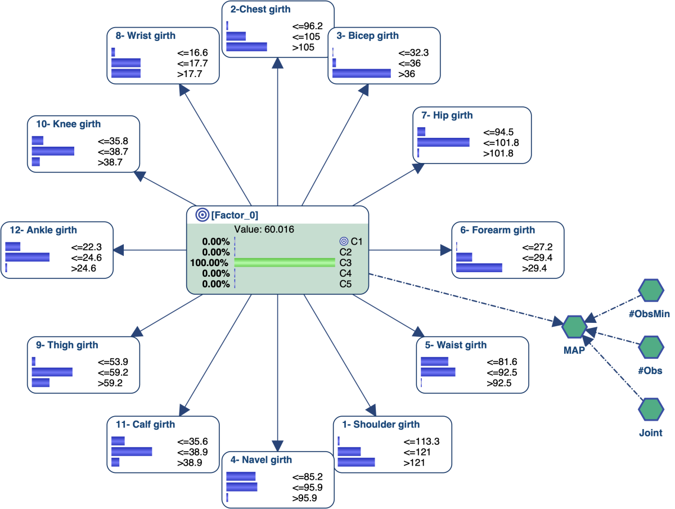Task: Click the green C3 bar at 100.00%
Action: point(285,263)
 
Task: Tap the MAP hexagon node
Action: point(574,327)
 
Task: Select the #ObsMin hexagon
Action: point(651,290)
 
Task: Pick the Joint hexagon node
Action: point(651,409)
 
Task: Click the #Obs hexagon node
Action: point(651,347)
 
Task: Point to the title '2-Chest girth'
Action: point(260,9)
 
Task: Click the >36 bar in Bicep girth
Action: point(362,74)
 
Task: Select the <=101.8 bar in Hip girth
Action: point(443,142)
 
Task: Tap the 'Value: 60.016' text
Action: point(264,229)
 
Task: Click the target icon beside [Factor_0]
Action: point(202,215)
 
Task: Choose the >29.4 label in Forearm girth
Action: point(534,268)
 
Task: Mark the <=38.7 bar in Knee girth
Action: point(53,151)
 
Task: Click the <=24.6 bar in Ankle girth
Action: point(28,257)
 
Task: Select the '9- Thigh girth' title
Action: point(67,345)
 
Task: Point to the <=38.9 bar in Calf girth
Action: point(132,452)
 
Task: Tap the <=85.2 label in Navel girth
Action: point(307,477)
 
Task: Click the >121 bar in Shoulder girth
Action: point(356,462)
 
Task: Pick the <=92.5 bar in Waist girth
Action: point(438,372)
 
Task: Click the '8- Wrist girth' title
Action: point(146,35)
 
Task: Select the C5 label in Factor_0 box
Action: point(345,284)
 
